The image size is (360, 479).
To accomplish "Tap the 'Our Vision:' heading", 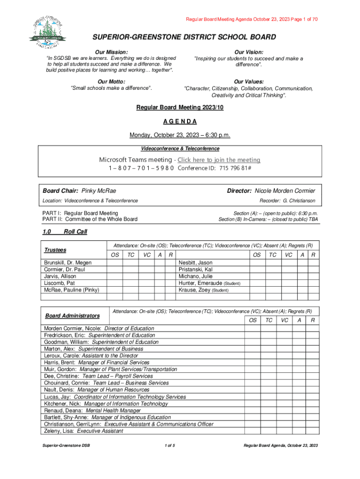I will tap(248, 52).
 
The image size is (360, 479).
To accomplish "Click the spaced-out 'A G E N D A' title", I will tap(180, 122).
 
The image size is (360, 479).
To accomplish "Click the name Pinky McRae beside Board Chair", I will tap(99, 191).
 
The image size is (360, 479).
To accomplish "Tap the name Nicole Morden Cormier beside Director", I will tap(285, 191).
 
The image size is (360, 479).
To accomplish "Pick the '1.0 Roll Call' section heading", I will tap(65, 232).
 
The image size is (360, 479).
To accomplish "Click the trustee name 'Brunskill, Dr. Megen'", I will tap(68, 263).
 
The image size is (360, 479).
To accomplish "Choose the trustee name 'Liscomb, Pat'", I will tap(59, 283).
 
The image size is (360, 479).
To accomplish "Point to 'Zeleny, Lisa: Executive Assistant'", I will tap(84, 431).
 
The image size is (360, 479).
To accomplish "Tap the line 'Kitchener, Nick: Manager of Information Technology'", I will tap(106, 404).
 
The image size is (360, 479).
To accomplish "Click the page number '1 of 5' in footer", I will tap(170, 445).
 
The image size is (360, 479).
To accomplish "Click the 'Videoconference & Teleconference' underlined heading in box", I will tap(180, 148).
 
